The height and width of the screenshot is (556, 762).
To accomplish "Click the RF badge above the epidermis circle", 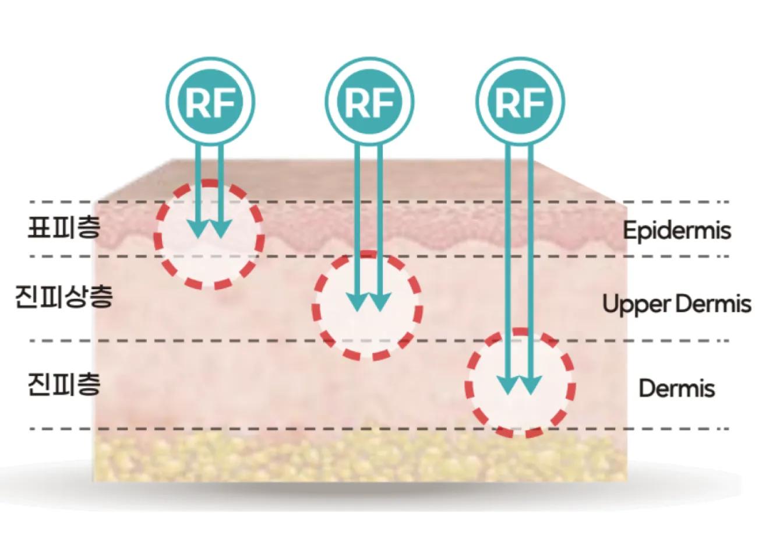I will click(x=210, y=101).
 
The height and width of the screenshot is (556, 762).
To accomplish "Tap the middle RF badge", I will click(x=369, y=101).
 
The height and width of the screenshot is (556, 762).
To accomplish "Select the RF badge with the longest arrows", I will click(x=520, y=101).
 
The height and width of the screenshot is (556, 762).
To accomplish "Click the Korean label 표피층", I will click(x=64, y=227).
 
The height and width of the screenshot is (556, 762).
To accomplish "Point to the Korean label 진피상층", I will click(x=64, y=297).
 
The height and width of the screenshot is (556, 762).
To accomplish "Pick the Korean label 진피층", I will click(x=64, y=385).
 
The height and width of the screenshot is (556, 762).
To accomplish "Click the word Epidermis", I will click(x=676, y=230).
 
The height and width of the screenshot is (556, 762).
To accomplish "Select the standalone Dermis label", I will click(x=676, y=388).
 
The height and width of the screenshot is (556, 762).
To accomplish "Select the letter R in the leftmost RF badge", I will click(x=197, y=103).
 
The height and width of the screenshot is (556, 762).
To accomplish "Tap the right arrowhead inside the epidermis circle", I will click(x=221, y=229).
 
